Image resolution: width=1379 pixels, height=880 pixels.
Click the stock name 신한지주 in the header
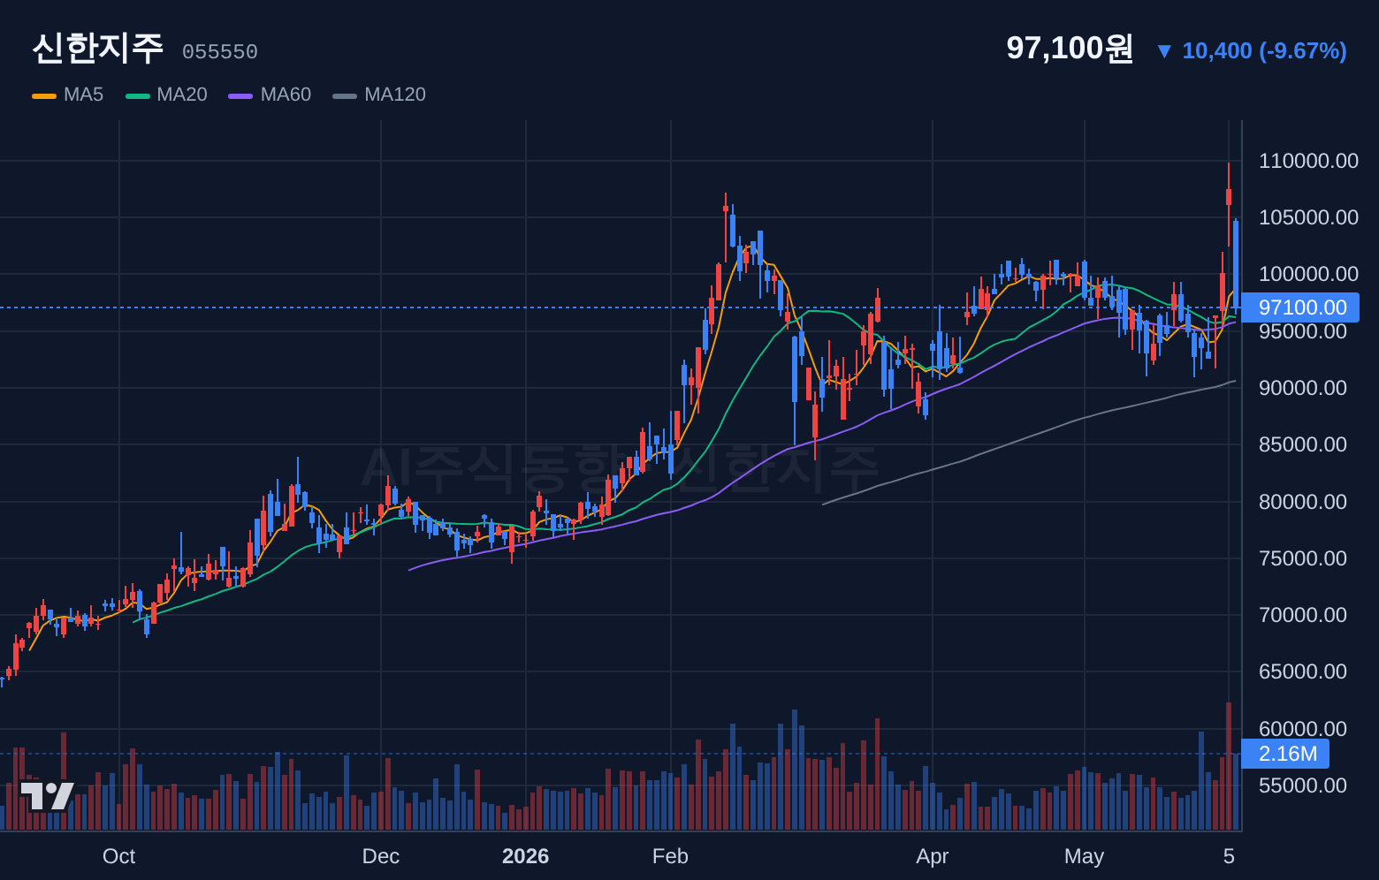point(98,49)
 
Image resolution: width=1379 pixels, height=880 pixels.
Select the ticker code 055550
point(220,52)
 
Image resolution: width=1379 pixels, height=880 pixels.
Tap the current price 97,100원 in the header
point(1070,48)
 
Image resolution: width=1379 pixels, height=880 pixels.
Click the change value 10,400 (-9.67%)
point(1264,51)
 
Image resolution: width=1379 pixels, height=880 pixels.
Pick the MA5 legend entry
point(68,95)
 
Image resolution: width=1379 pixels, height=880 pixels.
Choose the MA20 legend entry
point(166,95)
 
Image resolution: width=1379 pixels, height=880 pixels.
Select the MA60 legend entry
point(270,95)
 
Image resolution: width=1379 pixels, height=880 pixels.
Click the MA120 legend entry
point(379,95)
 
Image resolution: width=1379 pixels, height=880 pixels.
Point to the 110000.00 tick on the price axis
point(1308,161)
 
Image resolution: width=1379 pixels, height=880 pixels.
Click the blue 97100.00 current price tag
point(1300,307)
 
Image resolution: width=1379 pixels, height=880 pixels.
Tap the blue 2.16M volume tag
point(1285,754)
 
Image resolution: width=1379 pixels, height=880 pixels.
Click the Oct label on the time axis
point(118,856)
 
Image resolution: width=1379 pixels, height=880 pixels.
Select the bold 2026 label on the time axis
point(525,856)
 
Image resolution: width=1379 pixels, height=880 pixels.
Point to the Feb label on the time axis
point(670,856)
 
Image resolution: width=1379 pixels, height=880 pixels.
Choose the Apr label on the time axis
point(932,856)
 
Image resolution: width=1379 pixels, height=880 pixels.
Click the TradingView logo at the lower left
point(47,796)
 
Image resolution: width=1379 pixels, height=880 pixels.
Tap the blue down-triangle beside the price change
point(1164,51)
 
